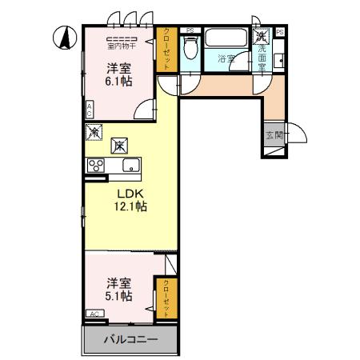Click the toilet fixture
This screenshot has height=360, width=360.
[189, 50]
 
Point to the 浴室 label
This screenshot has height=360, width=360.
[226, 58]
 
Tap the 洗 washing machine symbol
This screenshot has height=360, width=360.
[261, 36]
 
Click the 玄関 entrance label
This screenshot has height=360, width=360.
[274, 135]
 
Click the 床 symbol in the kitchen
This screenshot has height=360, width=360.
[119, 146]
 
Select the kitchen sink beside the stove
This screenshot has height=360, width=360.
[130, 166]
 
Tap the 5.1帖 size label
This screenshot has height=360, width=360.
[119, 296]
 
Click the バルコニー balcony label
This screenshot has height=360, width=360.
[130, 340]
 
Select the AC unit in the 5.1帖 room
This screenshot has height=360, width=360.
[94, 314]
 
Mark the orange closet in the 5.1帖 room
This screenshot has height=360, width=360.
[167, 296]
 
